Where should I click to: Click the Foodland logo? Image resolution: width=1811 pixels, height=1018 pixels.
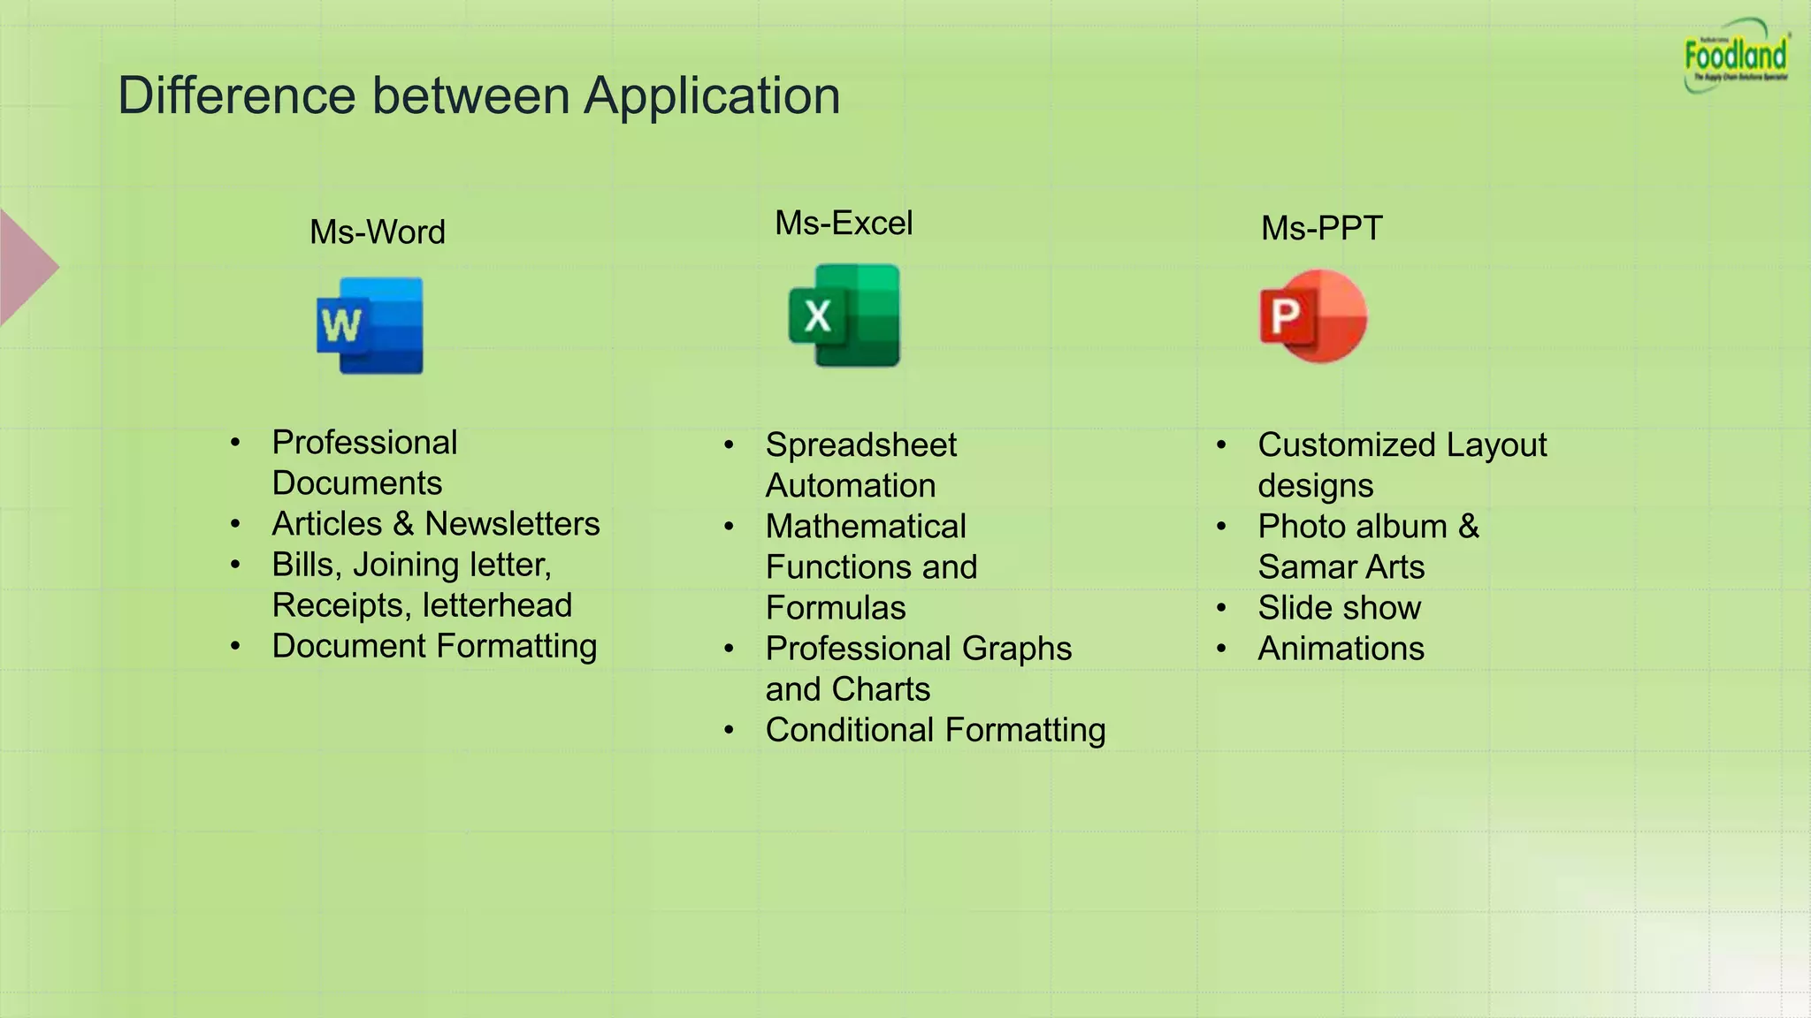(1736, 57)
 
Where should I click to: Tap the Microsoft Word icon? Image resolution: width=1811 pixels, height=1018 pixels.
(371, 325)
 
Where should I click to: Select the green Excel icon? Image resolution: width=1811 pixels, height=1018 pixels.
(844, 315)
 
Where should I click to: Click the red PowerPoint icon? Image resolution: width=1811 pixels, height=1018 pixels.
(1313, 316)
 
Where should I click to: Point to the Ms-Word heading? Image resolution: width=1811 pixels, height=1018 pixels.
(378, 232)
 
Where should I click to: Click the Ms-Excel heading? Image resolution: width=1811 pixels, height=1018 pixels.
(844, 224)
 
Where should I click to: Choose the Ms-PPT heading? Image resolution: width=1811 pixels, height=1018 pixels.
(1321, 228)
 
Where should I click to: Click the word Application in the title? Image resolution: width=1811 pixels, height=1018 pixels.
(712, 95)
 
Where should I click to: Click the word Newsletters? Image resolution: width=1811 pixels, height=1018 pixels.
(512, 524)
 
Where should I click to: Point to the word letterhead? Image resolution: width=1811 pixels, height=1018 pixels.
(497, 605)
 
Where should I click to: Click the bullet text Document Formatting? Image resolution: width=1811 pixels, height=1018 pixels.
(434, 646)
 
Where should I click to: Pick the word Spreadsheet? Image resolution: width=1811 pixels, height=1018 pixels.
(860, 444)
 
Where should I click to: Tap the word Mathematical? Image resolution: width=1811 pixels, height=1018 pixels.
(866, 527)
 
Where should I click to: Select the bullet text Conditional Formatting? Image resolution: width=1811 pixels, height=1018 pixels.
(936, 730)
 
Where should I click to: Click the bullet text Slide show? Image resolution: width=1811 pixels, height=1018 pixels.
(1339, 608)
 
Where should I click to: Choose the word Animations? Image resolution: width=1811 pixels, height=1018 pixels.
(1341, 649)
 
